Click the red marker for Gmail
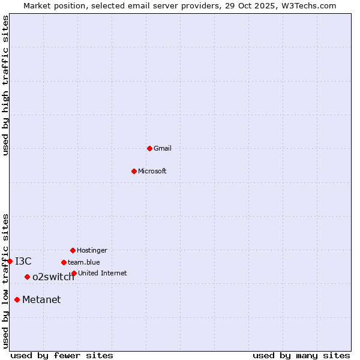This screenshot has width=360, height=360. (x=149, y=148)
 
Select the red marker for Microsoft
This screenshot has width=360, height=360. (x=134, y=171)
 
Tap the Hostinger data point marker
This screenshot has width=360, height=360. (x=73, y=250)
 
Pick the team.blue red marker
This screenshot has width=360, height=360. (x=64, y=262)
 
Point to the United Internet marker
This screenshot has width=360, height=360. (x=74, y=273)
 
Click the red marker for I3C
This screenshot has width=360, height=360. (x=10, y=261)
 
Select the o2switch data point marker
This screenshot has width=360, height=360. (x=27, y=277)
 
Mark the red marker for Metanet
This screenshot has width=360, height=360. (x=17, y=299)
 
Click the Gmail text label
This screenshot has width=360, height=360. (x=163, y=148)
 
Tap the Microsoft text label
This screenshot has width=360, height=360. (x=152, y=171)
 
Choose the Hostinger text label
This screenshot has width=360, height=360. (x=92, y=250)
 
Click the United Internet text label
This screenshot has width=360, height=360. (x=102, y=273)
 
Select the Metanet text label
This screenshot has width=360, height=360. (x=41, y=299)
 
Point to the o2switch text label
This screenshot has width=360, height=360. (x=53, y=277)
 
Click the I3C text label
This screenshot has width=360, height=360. (x=23, y=261)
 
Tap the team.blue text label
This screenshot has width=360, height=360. (x=84, y=262)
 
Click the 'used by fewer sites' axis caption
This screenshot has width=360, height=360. (x=62, y=355)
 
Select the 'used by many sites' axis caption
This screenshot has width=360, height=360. (x=301, y=355)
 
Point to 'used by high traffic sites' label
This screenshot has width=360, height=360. (x=5, y=85)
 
